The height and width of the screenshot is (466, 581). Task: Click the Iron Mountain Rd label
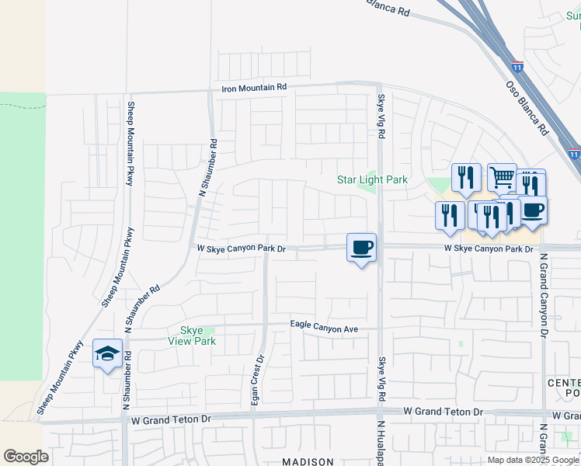coord(254,88)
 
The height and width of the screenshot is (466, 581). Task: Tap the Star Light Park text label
coord(372,180)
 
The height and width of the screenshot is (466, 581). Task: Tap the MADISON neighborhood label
coord(308,461)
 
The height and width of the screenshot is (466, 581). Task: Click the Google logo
coord(26,457)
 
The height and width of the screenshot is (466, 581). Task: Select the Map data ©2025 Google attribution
coord(534,460)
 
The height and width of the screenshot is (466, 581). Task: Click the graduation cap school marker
coord(107,354)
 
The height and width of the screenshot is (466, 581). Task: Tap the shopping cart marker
coord(502,178)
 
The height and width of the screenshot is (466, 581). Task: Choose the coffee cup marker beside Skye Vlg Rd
coord(361,248)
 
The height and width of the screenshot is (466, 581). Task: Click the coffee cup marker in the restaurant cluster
coord(533,210)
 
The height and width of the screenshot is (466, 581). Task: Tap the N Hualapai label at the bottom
coord(381,443)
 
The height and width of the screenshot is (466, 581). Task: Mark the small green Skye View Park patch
coord(209,331)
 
